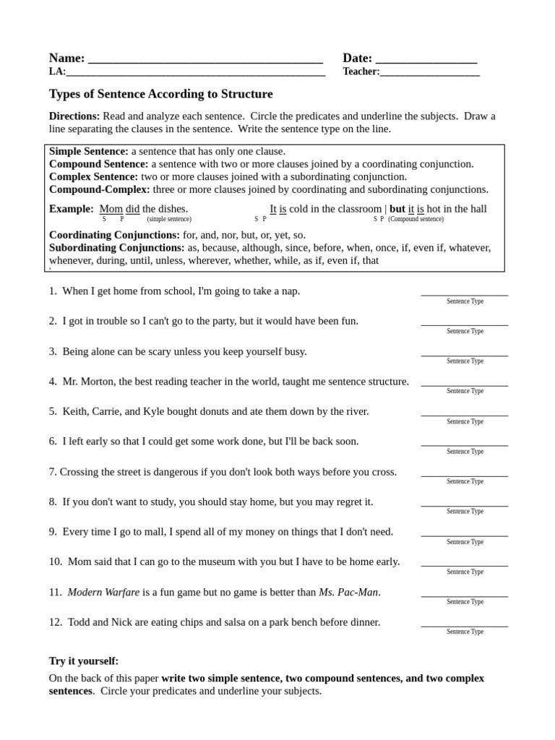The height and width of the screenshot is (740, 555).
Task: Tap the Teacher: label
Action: pyautogui.click(x=361, y=72)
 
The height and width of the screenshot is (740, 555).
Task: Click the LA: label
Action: pyautogui.click(x=57, y=72)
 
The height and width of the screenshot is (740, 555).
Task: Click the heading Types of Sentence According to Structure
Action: pyautogui.click(x=160, y=94)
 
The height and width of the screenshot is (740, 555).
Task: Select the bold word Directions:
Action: pyautogui.click(x=74, y=116)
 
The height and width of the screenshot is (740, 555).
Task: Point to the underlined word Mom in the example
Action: pyautogui.click(x=111, y=209)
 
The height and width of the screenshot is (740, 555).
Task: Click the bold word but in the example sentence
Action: pyautogui.click(x=397, y=209)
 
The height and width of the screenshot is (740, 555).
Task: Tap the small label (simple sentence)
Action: pyautogui.click(x=169, y=219)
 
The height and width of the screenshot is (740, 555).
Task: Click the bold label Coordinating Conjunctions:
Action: pyautogui.click(x=114, y=235)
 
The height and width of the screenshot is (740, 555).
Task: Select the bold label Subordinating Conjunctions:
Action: pyautogui.click(x=117, y=248)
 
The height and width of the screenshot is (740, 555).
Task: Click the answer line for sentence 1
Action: pyautogui.click(x=465, y=293)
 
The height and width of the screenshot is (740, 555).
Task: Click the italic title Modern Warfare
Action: pyautogui.click(x=103, y=592)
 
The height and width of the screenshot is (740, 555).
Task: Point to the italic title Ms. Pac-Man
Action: pyautogui.click(x=348, y=592)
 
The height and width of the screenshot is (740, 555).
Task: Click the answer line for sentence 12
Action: pyautogui.click(x=465, y=624)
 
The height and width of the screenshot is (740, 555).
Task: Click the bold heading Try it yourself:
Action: pyautogui.click(x=84, y=661)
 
